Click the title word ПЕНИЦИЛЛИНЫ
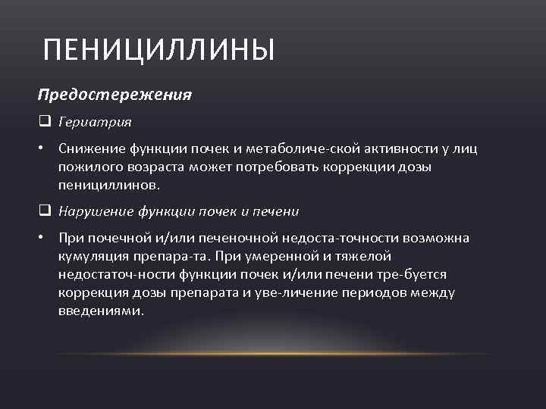coord(159,51)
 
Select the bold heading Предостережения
coord(115,96)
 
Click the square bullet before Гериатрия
coord(44,121)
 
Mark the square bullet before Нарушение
coord(44,211)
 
